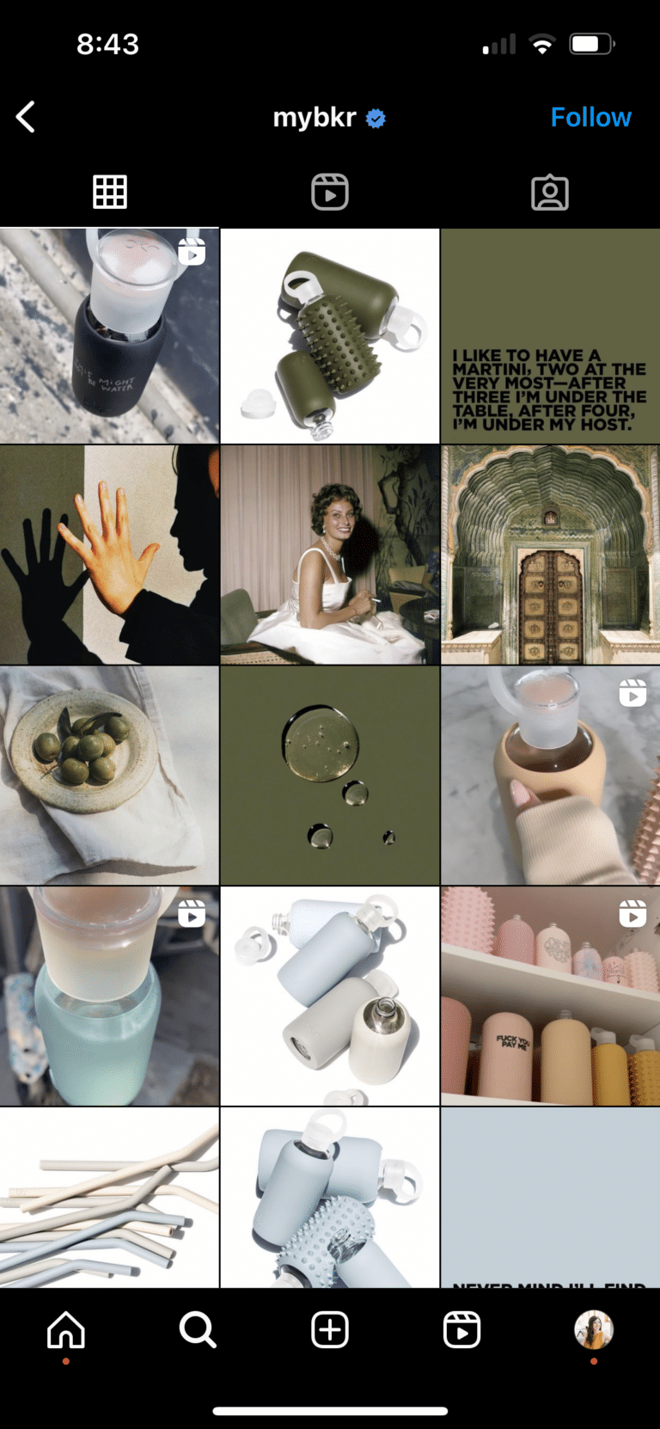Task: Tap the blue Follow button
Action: (x=590, y=118)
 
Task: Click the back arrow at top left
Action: (x=26, y=117)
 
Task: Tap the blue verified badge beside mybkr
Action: (x=376, y=119)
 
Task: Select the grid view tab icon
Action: (x=110, y=192)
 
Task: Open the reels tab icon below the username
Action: (x=330, y=192)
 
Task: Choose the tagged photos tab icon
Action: (x=550, y=193)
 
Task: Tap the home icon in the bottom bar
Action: (x=66, y=1330)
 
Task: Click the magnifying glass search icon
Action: (x=198, y=1330)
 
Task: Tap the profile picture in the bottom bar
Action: (x=593, y=1330)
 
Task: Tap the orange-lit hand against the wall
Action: (x=107, y=542)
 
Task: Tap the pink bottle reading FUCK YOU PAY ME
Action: (x=512, y=1053)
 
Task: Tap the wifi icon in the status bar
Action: (x=541, y=45)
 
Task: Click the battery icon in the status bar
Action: (x=590, y=45)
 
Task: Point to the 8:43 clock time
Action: (x=107, y=45)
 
